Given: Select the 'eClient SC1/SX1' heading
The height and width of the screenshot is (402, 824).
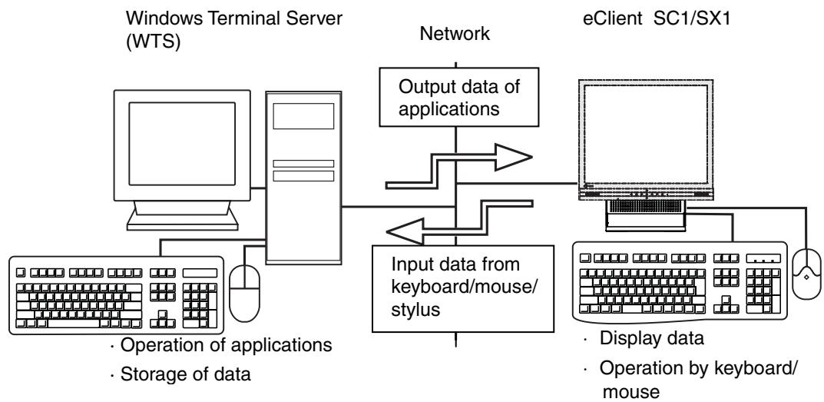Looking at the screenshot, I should pyautogui.click(x=654, y=17).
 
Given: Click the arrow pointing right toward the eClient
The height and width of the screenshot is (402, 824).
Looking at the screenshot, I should pyautogui.click(x=461, y=170).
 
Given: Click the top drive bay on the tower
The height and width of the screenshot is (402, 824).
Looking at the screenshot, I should pyautogui.click(x=303, y=115).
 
